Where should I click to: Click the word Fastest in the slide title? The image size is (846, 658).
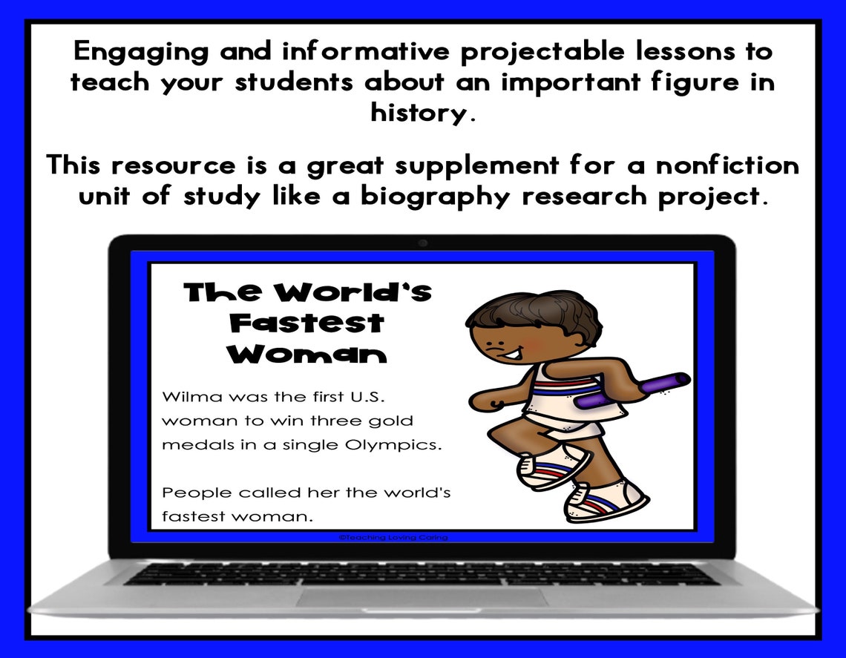coord(306,323)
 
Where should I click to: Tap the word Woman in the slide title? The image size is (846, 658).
coord(306,355)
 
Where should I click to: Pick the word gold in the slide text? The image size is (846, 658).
coord(390,421)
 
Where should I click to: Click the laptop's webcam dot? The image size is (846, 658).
coord(422,243)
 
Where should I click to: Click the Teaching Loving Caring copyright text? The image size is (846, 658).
coord(393,537)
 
